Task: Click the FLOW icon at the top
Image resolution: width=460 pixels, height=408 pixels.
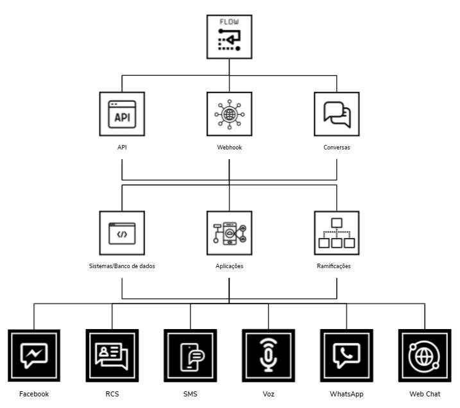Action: point(229,37)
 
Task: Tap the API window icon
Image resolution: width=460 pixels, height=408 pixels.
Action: point(122,114)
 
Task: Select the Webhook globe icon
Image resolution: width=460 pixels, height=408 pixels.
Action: point(229,114)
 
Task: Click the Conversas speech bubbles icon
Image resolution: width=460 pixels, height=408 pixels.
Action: point(337,114)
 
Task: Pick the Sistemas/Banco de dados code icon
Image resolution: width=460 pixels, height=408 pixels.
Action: point(122,234)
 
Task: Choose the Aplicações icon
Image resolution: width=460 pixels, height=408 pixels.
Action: point(229,234)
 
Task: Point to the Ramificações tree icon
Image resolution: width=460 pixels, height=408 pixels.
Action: point(337,234)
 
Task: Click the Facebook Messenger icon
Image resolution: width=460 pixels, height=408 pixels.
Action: point(34,355)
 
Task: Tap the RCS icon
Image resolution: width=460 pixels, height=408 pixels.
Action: point(112,355)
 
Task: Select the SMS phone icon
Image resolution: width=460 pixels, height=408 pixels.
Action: point(190,355)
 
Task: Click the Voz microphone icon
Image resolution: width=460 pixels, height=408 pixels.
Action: point(268,355)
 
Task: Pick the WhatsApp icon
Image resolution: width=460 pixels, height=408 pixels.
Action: point(346,355)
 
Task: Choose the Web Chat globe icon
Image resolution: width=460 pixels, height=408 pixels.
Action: point(424,355)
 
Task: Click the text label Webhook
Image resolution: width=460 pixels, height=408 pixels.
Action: point(229,147)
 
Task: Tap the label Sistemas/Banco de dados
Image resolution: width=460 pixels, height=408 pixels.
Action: point(122,266)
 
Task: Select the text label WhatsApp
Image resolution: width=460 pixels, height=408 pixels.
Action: point(346,394)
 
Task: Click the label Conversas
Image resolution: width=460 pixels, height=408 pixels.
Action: point(337,147)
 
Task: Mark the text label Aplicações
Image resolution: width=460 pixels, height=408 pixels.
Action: point(229,266)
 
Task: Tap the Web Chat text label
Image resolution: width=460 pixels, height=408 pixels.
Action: point(424,394)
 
